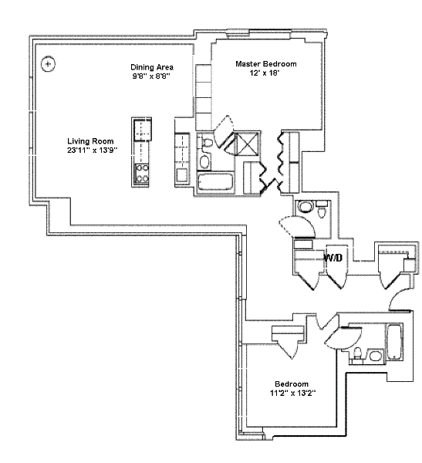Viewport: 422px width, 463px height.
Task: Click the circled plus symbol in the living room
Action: [x=48, y=64]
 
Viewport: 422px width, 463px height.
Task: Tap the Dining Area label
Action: [x=152, y=67]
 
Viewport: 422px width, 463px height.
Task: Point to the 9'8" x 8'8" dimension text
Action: [x=152, y=76]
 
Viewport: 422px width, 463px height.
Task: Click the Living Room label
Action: [x=90, y=141]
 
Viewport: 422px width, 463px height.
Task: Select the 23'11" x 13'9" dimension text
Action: [x=92, y=150]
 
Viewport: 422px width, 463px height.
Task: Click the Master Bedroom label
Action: [x=266, y=64]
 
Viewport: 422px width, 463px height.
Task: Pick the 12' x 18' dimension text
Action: [x=265, y=73]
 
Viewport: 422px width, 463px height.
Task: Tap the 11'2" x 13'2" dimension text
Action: [x=292, y=393]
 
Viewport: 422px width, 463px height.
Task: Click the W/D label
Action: [x=333, y=258]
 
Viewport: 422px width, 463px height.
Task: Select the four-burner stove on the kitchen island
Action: [x=141, y=174]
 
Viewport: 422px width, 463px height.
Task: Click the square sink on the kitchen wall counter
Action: [x=182, y=175]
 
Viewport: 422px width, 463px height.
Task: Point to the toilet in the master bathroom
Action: [x=208, y=143]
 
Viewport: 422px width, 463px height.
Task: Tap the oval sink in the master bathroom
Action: [x=204, y=161]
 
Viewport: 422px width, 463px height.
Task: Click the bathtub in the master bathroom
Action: [x=215, y=182]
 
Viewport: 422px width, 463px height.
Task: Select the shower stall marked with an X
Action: [x=247, y=144]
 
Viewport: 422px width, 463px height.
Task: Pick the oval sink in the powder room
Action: [x=305, y=206]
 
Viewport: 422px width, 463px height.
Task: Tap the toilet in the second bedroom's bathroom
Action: [x=358, y=353]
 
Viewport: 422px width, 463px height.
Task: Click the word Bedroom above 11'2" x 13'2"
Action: [x=292, y=384]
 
